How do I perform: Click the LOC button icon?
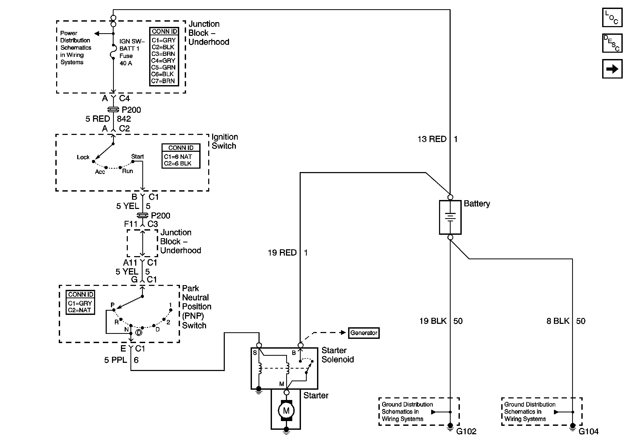tap(612, 17)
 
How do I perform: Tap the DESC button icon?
tap(612, 43)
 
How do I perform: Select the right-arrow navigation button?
tap(612, 69)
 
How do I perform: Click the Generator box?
tap(364, 333)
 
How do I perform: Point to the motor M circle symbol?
tap(286, 411)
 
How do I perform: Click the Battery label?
tap(477, 204)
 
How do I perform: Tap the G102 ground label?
tap(466, 431)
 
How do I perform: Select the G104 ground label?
tap(588, 431)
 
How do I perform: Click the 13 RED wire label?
tap(432, 139)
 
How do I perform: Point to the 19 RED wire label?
tap(282, 253)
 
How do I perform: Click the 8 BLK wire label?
tap(558, 321)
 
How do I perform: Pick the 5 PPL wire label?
tap(115, 360)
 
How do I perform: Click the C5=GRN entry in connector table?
tap(163, 67)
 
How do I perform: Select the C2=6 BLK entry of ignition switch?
tap(178, 163)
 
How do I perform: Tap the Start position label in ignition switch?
tap(137, 157)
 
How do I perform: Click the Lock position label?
tap(83, 157)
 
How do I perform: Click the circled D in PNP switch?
tap(139, 333)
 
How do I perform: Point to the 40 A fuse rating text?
tap(126, 63)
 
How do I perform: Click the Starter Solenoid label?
tap(338, 355)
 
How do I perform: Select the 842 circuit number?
tap(124, 119)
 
